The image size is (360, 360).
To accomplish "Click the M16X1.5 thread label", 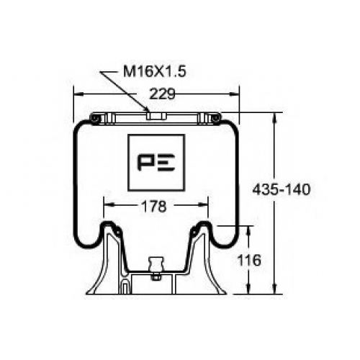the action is click(x=155, y=71).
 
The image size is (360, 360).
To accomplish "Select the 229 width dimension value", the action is click(x=162, y=94).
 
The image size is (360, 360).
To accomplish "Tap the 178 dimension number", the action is click(x=154, y=206).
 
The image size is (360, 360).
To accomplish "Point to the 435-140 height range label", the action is click(x=282, y=189).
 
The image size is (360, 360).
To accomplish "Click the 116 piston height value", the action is click(x=249, y=260).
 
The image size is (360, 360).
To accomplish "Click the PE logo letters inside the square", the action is click(x=156, y=163).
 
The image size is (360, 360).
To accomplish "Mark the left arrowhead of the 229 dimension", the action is click(x=78, y=94).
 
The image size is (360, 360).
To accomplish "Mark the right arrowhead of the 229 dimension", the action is click(x=235, y=94).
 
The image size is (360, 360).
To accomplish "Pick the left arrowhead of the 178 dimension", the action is click(x=108, y=205).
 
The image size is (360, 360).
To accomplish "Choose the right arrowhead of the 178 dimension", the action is click(x=203, y=205).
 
